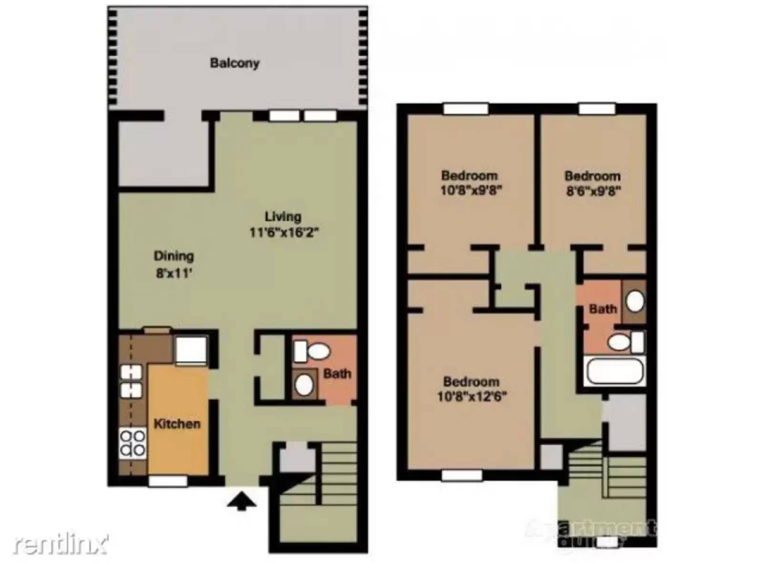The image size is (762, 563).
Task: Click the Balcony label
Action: click(234, 63)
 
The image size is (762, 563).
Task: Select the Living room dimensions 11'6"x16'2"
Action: click(284, 232)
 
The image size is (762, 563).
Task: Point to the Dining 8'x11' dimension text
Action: click(174, 273)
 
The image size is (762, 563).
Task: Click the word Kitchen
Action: click(177, 423)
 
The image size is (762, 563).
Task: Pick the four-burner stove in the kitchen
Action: click(132, 442)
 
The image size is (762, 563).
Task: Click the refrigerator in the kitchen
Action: click(191, 350)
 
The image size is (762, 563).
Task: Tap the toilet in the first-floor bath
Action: click(312, 352)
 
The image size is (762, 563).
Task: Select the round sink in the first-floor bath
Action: click(304, 384)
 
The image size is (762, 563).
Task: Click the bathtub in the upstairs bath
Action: click(614, 371)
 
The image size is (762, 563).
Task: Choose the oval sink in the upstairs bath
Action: click(635, 301)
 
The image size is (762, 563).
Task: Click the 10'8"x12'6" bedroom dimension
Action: click(471, 396)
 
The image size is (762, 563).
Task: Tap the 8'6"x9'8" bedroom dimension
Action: click(593, 191)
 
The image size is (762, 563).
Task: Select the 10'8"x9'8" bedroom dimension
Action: click(471, 190)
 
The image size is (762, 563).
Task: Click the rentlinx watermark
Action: click(60, 544)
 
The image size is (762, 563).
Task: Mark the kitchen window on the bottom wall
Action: click(168, 481)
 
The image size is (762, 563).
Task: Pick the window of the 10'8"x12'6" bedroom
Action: click(461, 475)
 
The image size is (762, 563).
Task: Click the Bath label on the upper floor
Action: click(602, 309)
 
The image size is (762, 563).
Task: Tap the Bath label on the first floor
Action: click(337, 373)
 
